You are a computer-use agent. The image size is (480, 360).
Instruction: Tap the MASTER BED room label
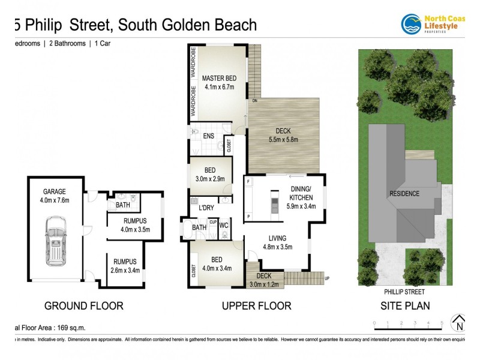click(218, 79)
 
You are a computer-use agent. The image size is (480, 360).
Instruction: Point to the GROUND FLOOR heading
click(84, 306)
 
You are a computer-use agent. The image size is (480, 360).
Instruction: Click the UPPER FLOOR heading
click(256, 306)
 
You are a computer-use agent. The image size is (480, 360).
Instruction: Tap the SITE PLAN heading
click(406, 306)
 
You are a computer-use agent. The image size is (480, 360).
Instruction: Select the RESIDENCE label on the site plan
click(404, 194)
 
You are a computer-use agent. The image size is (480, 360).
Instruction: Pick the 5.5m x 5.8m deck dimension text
click(283, 140)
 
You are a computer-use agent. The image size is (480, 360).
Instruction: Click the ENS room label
click(209, 137)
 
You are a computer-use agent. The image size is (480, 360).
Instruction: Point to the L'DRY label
click(207, 208)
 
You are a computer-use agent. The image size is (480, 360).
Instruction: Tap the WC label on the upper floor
click(224, 226)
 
